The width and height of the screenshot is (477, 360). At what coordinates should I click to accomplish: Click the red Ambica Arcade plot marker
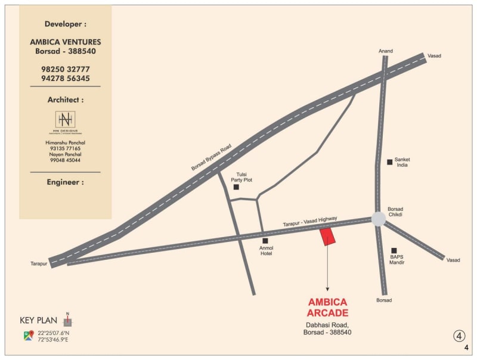328,237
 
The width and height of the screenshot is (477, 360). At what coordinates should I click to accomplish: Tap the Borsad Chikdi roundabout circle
379,218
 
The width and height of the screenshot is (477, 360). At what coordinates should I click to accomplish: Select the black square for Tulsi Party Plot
236,187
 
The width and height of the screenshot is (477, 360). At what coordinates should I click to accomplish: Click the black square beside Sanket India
389,162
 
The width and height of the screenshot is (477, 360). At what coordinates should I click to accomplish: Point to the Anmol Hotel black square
265,241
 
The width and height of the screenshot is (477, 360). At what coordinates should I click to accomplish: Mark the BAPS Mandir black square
394,250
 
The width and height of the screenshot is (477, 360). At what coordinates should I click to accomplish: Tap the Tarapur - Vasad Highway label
309,221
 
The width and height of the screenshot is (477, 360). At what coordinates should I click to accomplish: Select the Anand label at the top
386,51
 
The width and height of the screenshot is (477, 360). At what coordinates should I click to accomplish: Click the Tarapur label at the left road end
39,263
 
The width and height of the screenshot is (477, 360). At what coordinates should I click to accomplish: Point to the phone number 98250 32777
66,69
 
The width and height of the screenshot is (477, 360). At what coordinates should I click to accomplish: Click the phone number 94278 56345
66,78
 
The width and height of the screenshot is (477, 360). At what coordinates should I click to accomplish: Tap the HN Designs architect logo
66,122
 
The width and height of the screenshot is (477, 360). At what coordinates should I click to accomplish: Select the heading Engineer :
66,182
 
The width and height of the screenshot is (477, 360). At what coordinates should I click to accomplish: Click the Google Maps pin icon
28,336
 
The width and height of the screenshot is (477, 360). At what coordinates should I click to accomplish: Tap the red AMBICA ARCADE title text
327,308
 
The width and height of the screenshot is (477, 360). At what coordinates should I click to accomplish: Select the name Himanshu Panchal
66,143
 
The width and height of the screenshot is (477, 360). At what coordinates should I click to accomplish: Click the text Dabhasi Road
327,325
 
